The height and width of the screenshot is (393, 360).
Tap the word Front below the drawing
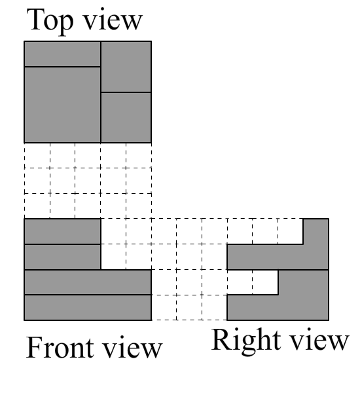(60, 347)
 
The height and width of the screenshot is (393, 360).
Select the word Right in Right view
(245, 341)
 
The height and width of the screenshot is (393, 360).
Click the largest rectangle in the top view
(62, 105)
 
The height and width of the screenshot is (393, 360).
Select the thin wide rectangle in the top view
(62, 54)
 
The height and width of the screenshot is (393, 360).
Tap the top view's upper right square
(126, 67)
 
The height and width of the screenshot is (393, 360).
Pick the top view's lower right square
(126, 117)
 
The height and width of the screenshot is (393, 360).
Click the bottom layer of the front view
(88, 308)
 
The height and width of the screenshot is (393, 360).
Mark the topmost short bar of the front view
(62, 231)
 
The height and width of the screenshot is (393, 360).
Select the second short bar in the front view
(62, 257)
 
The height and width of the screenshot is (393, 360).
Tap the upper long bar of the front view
(88, 282)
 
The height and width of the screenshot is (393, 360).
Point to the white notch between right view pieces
(253, 282)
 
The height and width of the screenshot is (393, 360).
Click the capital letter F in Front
(34, 347)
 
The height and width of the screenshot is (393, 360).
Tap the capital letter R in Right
(222, 339)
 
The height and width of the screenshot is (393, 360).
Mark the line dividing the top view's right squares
(126, 92)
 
